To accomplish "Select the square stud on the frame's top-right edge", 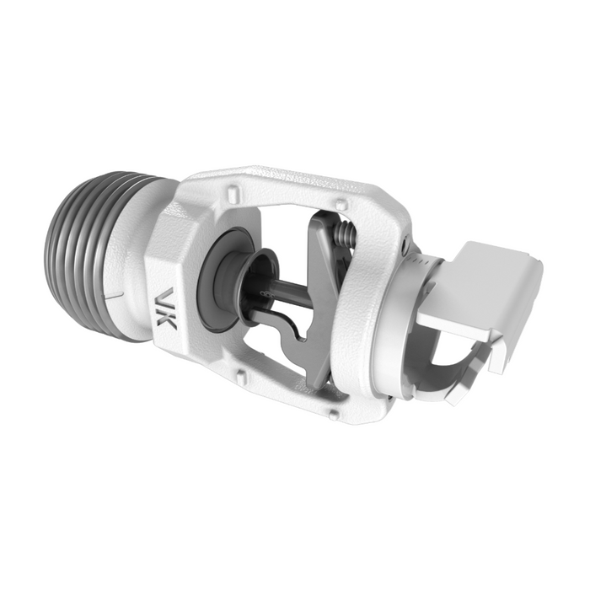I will click(x=337, y=203).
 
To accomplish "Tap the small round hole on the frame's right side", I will click(x=407, y=247).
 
